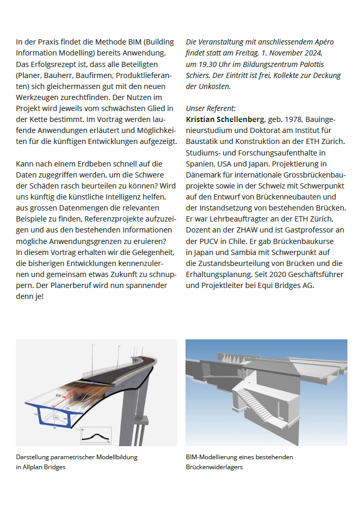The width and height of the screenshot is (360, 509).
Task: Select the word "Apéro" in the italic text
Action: coord(322,42)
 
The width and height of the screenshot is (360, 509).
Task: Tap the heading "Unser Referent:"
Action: coord(211,108)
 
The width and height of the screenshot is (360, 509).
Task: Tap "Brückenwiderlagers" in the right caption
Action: coord(214,467)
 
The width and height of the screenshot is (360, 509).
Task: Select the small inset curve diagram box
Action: coord(96,435)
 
